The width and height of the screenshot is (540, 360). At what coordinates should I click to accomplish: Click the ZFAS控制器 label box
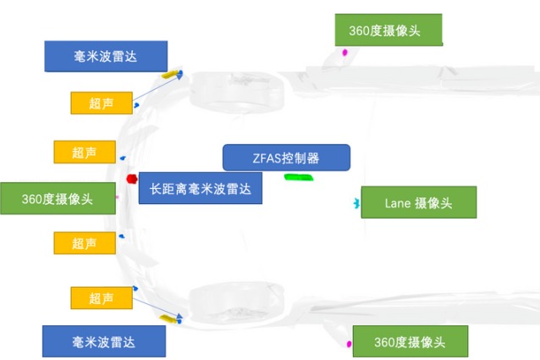coord(286,158)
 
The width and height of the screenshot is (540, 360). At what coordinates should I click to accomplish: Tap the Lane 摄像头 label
coord(418,202)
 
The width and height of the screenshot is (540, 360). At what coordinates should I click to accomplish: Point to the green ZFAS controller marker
coord(299,177)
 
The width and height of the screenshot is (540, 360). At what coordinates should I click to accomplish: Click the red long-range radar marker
coord(131,180)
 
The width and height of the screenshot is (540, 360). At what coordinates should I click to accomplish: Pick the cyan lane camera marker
coord(356,203)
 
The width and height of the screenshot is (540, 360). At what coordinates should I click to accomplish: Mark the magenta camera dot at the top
coord(345,53)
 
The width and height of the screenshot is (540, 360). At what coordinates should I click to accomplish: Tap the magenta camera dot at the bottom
coord(349,344)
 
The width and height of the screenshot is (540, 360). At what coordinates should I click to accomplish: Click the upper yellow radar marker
coord(174,75)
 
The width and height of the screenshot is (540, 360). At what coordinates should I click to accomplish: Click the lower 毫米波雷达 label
coord(103,341)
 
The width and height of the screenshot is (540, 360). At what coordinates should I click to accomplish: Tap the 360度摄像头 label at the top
coord(388,31)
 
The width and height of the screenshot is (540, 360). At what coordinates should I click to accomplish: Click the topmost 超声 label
coord(102,103)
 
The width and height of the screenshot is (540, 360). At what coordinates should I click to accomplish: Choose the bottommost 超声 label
coord(102,296)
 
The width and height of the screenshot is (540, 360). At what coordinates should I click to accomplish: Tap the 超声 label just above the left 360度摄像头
coord(85,152)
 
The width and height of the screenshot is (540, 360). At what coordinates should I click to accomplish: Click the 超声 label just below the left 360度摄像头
coord(85,243)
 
